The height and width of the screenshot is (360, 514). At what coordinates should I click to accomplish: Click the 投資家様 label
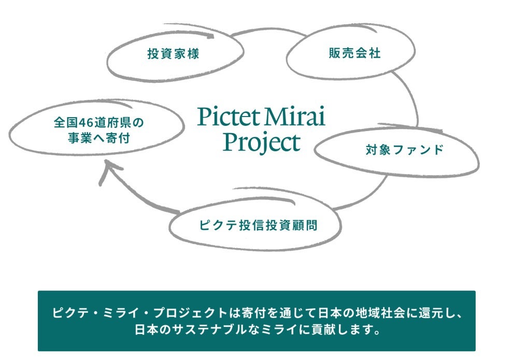click(x=173, y=54)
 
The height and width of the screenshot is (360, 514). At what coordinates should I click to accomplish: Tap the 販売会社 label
click(x=355, y=53)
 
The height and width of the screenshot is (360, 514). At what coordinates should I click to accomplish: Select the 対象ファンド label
click(x=405, y=150)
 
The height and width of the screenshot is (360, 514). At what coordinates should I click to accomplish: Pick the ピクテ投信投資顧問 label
click(x=259, y=225)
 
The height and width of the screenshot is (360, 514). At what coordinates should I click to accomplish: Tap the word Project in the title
click(x=262, y=143)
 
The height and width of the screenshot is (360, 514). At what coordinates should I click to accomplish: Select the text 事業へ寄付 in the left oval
click(x=98, y=138)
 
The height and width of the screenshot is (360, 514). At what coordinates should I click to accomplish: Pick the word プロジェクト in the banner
click(x=191, y=313)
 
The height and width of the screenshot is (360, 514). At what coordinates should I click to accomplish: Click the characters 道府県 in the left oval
click(x=113, y=123)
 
